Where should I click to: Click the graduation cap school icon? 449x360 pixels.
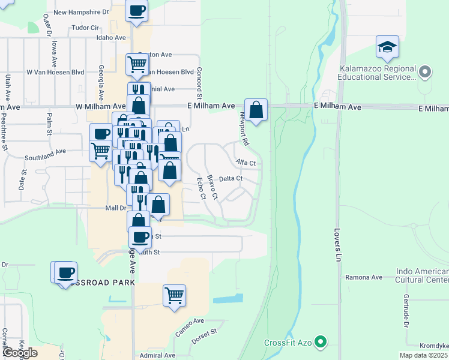click(x=387, y=47)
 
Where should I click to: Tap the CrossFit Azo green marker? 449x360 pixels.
click(x=321, y=343)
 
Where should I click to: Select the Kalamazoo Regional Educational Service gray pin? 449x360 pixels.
click(x=425, y=73)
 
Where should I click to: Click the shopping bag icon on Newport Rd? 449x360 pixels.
click(x=256, y=110)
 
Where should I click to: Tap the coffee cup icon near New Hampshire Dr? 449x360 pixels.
click(x=136, y=10)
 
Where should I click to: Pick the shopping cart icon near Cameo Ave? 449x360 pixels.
click(x=173, y=295)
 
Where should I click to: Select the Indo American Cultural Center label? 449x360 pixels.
click(x=422, y=275)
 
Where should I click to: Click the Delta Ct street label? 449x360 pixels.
click(x=231, y=179)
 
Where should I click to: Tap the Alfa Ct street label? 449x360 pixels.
click(x=246, y=163)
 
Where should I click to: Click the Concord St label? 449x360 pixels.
click(x=197, y=83)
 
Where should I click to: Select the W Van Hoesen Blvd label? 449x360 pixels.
click(x=55, y=72)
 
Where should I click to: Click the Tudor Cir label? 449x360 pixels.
click(x=85, y=28)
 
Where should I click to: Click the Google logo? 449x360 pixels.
click(x=20, y=353)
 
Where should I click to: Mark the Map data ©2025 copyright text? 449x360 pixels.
click(x=423, y=355)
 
